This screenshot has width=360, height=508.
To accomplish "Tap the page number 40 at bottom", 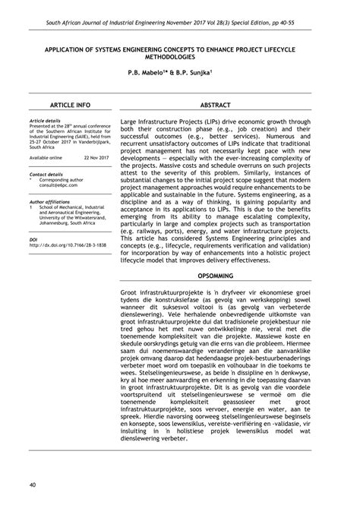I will (x=33, y=484).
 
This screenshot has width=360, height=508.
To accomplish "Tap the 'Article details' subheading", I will (x=46, y=120).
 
